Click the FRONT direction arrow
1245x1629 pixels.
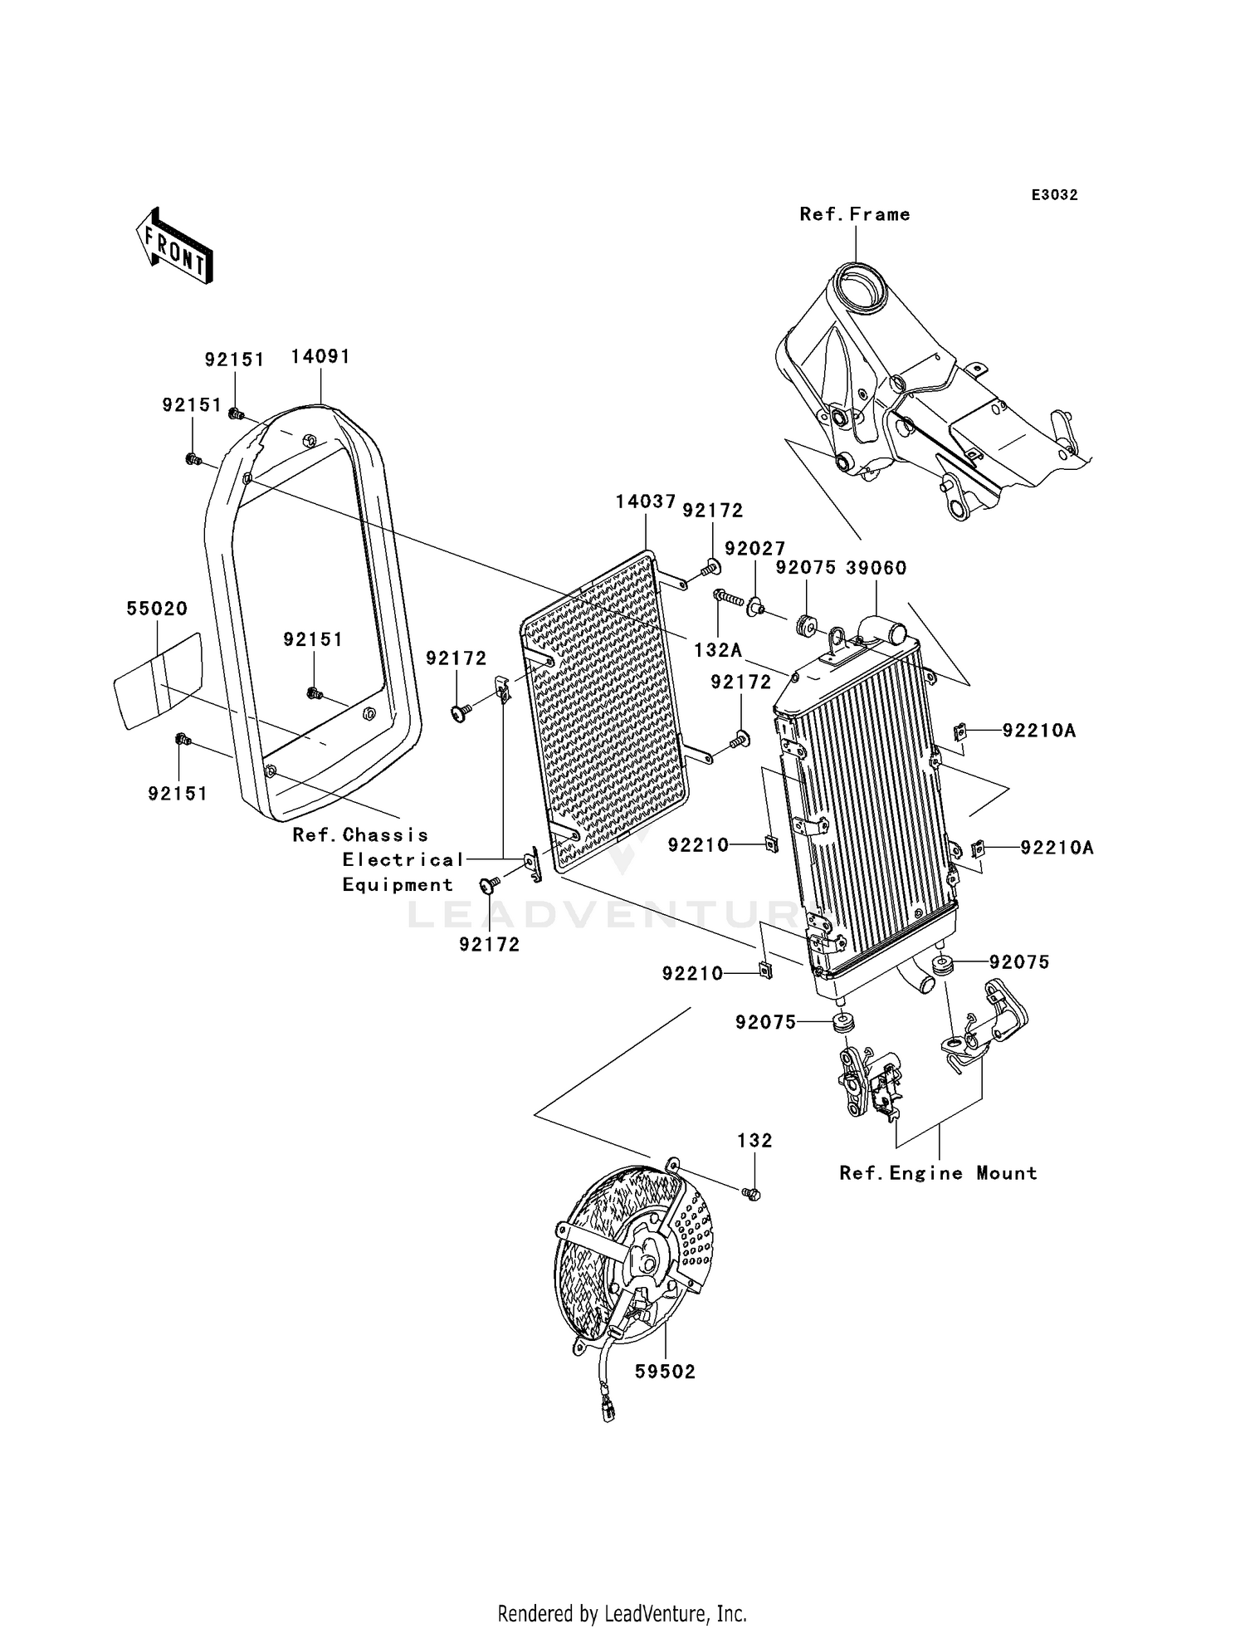pos(175,247)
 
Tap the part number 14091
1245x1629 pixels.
pos(320,357)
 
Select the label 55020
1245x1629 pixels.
pos(157,609)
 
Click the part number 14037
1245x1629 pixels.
pos(645,501)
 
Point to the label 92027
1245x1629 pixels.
pos(754,549)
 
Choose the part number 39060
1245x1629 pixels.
pos(876,568)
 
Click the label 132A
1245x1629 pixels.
pos(718,650)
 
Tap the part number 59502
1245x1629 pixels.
pos(665,1372)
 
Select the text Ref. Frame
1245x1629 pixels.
pos(854,214)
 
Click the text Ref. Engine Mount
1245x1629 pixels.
pos(938,1173)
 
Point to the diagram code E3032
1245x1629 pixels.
pos(1054,195)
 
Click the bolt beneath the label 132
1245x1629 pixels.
pos(753,1193)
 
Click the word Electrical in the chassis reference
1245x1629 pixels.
pos(403,860)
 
